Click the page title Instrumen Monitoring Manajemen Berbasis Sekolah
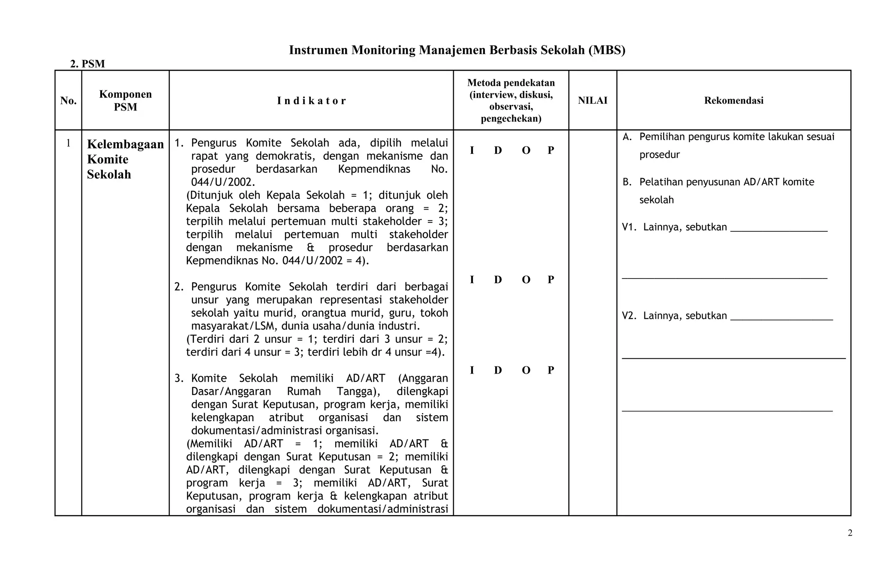pos(457,50)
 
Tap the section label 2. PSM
pos(87,64)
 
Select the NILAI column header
pos(592,100)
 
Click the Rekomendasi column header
pos(734,100)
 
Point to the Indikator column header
pos(311,101)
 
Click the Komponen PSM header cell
pos(125,100)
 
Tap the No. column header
pos(68,101)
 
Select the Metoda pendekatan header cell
pos(511,100)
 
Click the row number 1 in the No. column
pos(68,143)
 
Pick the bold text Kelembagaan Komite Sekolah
pos(125,159)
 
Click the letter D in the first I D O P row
pos(498,150)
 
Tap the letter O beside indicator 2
pos(526,280)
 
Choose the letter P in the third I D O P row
pos(551,370)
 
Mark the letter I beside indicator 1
pos(472,150)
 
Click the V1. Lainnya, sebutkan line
pos(725,227)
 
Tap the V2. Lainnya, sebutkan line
pos(727,316)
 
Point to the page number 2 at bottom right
pos(850,533)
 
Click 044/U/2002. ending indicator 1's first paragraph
pos(223,182)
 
